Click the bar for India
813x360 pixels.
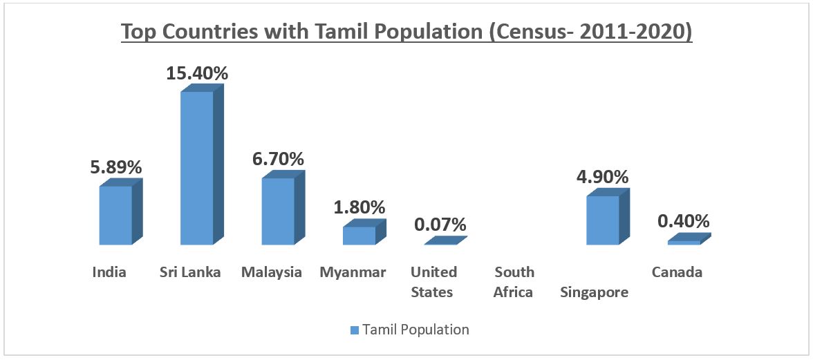115,215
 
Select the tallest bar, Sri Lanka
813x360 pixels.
197,168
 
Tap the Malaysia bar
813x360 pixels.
278,211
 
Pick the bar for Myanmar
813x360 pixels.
359,235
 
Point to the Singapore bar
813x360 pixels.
603,220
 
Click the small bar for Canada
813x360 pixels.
684,242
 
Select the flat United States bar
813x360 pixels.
444,241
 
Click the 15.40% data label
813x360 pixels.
197,73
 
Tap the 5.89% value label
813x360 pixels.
115,167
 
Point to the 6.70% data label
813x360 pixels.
278,159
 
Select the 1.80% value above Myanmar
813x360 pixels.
359,207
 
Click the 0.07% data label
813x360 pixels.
440,225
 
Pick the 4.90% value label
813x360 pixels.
603,177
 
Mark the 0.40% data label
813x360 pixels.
684,221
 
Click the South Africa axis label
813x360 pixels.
513,282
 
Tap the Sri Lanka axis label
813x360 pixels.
190,272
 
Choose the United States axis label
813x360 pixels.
433,282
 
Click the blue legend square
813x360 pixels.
355,330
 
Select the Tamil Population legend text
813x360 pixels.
416,330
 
